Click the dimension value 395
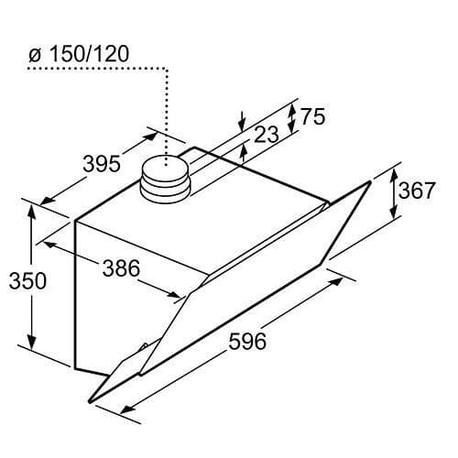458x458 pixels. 101,164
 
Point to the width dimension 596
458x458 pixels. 246,342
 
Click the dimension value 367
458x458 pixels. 416,191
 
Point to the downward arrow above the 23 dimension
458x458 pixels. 241,122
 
